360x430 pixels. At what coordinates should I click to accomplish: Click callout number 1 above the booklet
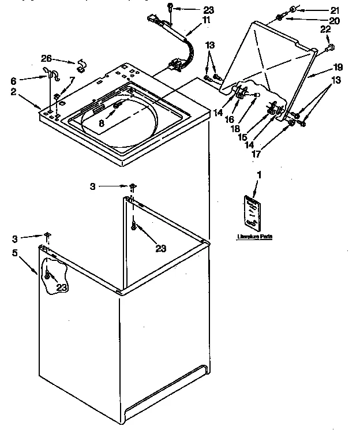pos(259,174)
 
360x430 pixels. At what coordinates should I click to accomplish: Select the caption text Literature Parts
pos(254,237)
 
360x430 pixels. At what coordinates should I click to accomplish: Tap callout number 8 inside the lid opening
pos(102,122)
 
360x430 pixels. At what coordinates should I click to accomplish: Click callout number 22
pos(325,30)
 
